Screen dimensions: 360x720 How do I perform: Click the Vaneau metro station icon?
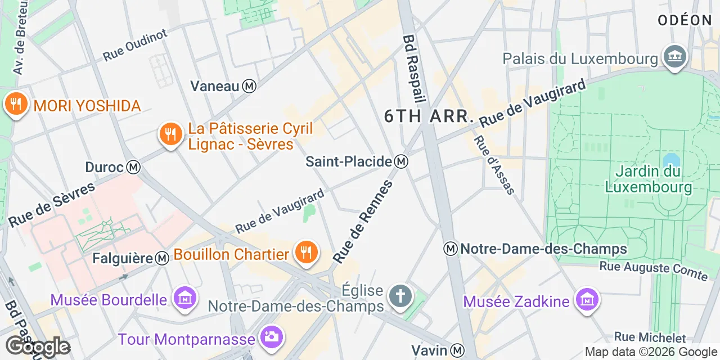pyautogui.click(x=249, y=86)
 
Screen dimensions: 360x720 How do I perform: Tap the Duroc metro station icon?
pyautogui.click(x=133, y=167)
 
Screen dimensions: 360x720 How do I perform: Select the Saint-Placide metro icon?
pyautogui.click(x=401, y=161)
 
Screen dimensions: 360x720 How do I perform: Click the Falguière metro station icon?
pyautogui.click(x=163, y=258)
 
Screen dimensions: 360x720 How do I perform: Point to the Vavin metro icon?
pyautogui.click(x=458, y=350)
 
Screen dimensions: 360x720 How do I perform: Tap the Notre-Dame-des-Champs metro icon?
pyautogui.click(x=450, y=249)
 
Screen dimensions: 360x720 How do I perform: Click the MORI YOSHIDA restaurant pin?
pyautogui.click(x=16, y=105)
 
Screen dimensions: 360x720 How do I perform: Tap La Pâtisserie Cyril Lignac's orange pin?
pyautogui.click(x=169, y=135)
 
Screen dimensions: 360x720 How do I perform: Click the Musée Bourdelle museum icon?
pyautogui.click(x=184, y=299)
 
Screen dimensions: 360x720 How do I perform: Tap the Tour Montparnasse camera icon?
pyautogui.click(x=272, y=337)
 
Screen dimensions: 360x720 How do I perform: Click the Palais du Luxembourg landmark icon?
pyautogui.click(x=674, y=57)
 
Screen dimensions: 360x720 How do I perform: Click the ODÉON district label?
pyautogui.click(x=685, y=20)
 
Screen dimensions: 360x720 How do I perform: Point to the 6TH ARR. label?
pyautogui.click(x=429, y=116)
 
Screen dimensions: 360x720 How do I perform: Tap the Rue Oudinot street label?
pyautogui.click(x=135, y=46)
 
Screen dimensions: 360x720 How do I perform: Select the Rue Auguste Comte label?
pyautogui.click(x=653, y=270)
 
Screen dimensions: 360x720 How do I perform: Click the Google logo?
pyautogui.click(x=38, y=346)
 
